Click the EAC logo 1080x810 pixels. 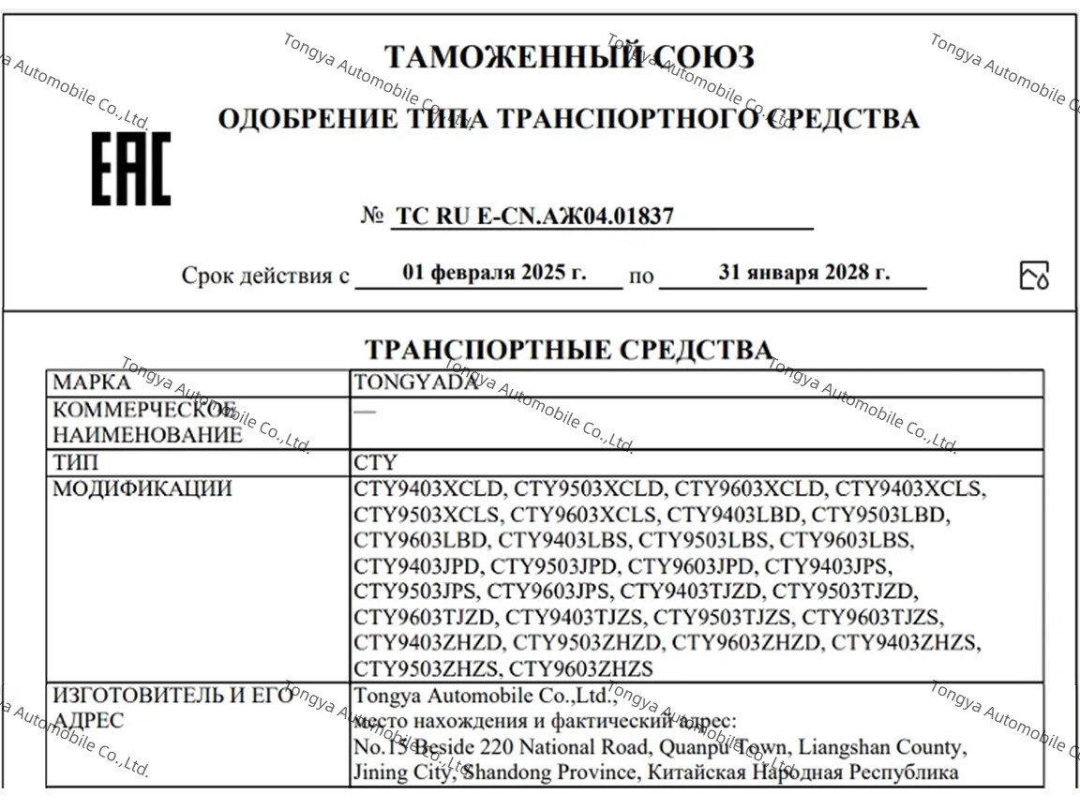pos(131,169)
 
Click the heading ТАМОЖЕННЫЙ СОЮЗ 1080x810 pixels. pos(569,57)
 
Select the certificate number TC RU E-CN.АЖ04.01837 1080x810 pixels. pos(534,217)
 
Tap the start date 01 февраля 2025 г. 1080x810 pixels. pos(494,273)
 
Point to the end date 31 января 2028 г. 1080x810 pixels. pos(804,273)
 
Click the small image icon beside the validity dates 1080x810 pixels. pos(1034,276)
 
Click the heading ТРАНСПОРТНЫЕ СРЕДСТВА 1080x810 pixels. pos(568,350)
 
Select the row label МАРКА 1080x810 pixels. pos(92,382)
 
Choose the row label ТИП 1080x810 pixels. pos(75,462)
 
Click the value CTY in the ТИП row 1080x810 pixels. pos(375,462)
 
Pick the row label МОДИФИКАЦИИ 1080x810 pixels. pos(142,488)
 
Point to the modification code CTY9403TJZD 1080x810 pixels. pos(692,592)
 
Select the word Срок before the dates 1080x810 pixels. pos(206,276)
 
